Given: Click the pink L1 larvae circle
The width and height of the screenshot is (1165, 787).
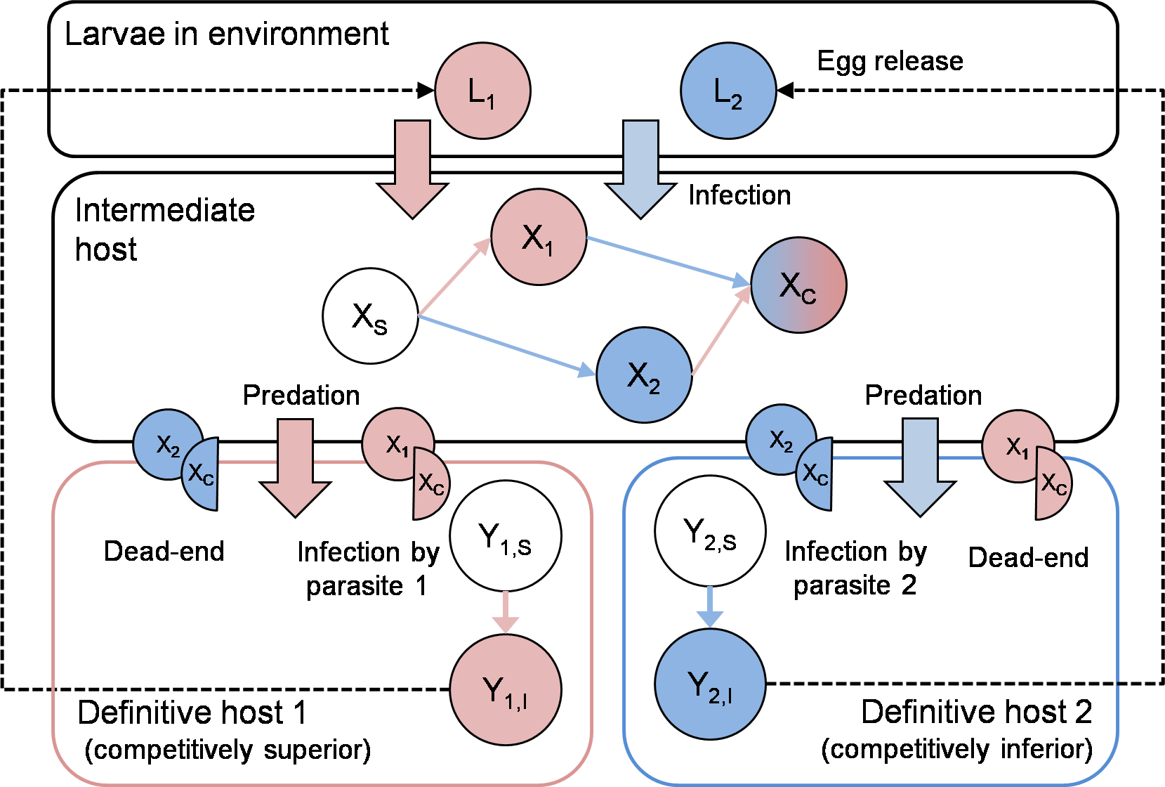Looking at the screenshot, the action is click(x=482, y=91).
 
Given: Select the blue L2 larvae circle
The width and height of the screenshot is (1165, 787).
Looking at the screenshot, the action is click(x=728, y=91).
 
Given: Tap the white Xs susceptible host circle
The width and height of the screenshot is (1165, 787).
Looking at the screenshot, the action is click(x=370, y=316).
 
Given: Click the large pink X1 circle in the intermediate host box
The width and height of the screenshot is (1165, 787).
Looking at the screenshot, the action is click(x=539, y=237).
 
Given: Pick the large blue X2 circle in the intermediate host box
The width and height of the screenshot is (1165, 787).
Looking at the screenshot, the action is click(x=644, y=375).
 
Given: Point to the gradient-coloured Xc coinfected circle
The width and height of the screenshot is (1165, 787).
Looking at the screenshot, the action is click(x=799, y=285).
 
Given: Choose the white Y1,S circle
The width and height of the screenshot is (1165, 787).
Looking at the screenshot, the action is click(x=506, y=535).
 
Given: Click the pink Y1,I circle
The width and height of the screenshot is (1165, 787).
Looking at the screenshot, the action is click(x=506, y=689).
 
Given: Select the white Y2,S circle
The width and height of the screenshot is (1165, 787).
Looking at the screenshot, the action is click(x=711, y=531).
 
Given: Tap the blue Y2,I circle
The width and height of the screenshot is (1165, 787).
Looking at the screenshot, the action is click(x=711, y=684).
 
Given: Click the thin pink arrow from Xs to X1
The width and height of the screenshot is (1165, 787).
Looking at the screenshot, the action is click(x=454, y=277).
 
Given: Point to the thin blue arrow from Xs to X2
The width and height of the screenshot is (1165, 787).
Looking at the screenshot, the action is click(x=506, y=345).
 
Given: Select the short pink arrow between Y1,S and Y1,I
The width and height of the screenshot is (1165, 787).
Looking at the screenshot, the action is click(x=506, y=613).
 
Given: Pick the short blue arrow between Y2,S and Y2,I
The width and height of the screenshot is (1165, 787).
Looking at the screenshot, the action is click(x=710, y=607).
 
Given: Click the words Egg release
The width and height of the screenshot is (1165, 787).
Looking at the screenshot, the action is click(x=890, y=61).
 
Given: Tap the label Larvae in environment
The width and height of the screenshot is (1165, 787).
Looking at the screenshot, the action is click(x=227, y=34).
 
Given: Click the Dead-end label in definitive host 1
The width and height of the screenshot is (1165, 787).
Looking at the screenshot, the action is click(x=164, y=551).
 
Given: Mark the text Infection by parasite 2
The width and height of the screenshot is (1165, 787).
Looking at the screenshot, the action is click(x=855, y=568).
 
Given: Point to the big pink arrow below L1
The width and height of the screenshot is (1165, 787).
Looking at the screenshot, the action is click(x=412, y=169).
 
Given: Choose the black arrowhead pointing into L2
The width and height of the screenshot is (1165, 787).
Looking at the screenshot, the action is click(x=785, y=91).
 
